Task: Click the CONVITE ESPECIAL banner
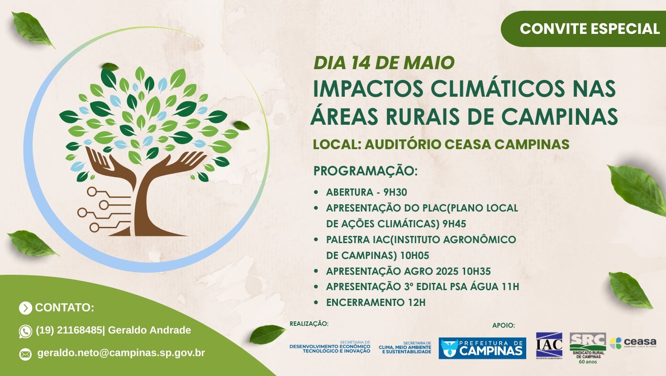click(x=589, y=29)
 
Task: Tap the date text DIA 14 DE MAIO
click(x=384, y=63)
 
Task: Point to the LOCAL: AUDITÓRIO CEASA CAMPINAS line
click(x=441, y=144)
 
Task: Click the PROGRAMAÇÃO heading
click(x=365, y=171)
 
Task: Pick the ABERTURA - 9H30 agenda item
click(x=366, y=192)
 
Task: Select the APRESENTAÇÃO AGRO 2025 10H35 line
click(x=408, y=271)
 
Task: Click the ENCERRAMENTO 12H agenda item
click(x=376, y=302)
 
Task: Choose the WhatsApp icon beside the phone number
click(x=25, y=331)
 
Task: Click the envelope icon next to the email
click(x=25, y=353)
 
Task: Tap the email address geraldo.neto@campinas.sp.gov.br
click(x=121, y=353)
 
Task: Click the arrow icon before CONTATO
click(x=25, y=308)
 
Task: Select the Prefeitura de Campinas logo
click(x=482, y=348)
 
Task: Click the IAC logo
click(x=549, y=346)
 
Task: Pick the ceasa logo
click(x=633, y=343)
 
